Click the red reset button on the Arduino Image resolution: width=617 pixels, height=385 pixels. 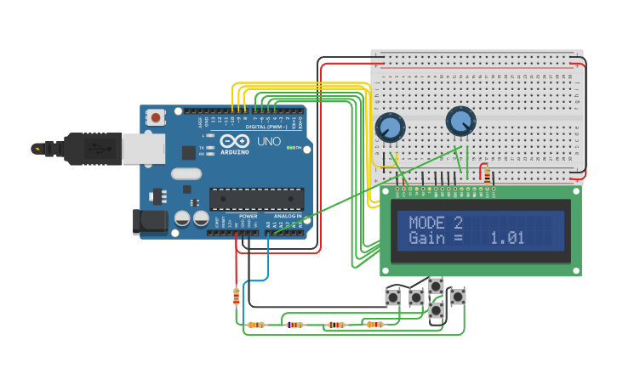pos(157,117)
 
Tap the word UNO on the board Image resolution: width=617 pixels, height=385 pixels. pos(269,141)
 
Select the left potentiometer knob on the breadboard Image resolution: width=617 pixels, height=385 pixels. pos(390,127)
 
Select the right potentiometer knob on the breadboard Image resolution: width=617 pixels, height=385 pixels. pos(460,121)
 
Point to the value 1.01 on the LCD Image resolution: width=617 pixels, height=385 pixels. pos(506,239)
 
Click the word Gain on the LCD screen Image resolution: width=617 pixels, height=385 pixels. pos(426,239)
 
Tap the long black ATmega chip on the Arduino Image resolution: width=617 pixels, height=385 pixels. pos(256,198)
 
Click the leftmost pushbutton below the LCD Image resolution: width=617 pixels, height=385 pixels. pos(392,297)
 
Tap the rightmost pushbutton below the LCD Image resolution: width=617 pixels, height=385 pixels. pos(458,297)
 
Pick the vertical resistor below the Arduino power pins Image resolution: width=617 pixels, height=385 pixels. pos(237,296)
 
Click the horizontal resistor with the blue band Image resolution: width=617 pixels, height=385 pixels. pos(294,325)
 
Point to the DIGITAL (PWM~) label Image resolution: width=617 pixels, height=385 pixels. pos(266,127)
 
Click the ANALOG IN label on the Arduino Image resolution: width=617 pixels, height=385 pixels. pos(288,216)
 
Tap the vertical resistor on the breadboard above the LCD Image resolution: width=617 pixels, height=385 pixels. pos(487,177)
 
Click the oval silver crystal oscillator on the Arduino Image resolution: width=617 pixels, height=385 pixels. pos(186,173)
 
